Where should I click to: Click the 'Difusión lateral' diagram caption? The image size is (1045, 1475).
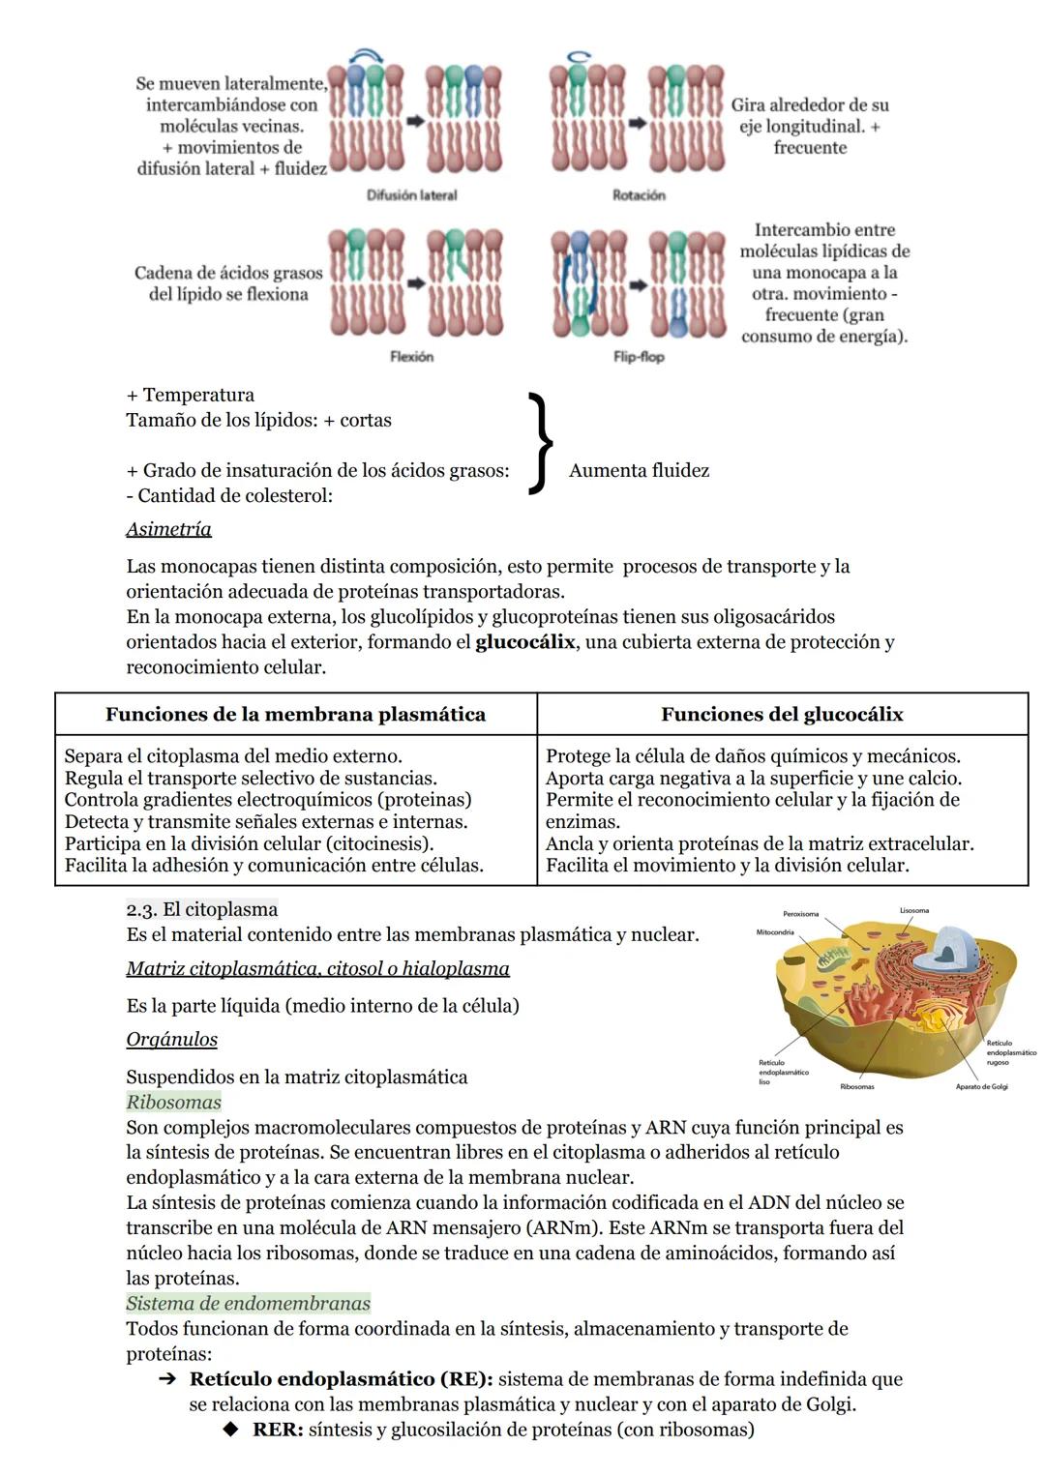pos(411,195)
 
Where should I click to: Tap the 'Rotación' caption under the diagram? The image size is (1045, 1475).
pos(639,195)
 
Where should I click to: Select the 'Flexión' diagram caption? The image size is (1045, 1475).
pos(411,357)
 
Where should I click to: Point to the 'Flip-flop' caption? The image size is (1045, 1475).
pos(639,357)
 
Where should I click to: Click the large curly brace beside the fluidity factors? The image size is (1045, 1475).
pos(541,444)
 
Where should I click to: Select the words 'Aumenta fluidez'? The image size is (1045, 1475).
pos(639,471)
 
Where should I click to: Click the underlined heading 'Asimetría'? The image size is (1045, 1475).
pos(168,529)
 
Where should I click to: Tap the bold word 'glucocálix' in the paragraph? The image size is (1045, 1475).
pos(524,642)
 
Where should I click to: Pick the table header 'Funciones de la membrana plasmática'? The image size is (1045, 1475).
pos(295,715)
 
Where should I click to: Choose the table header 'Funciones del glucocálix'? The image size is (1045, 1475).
pos(782,715)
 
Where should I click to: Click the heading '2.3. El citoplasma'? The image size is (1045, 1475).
pos(202,909)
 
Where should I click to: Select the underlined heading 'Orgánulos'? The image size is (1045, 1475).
pos(171,1040)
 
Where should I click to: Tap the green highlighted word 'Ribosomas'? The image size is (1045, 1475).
pos(173,1103)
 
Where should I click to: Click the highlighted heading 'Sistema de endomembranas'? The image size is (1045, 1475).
pos(249,1304)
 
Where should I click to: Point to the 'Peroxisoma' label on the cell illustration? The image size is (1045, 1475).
pos(800,914)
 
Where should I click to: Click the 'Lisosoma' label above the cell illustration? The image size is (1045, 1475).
pos(913,911)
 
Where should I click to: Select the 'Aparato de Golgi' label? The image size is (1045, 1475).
pos(981,1087)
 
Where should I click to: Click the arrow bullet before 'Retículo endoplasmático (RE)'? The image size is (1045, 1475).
pos(166,1380)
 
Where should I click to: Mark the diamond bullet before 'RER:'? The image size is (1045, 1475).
pos(229,1430)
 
